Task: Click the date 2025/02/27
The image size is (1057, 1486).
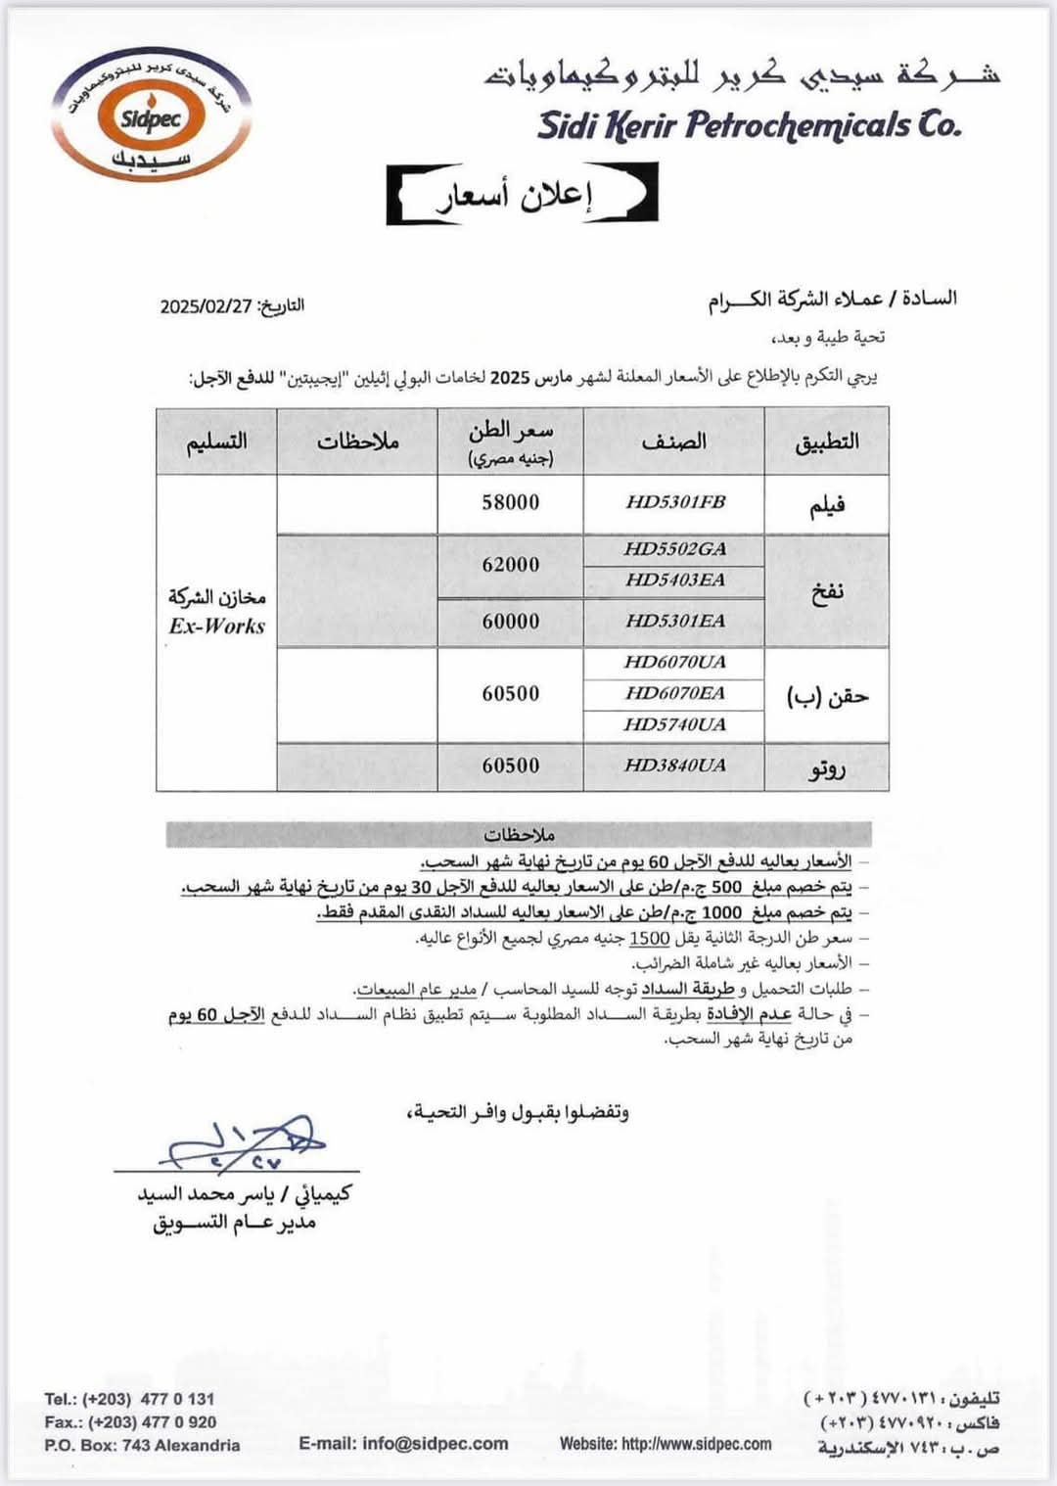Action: pyautogui.click(x=207, y=306)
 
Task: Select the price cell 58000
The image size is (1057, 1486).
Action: pyautogui.click(x=510, y=502)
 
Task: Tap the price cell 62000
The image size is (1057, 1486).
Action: pyautogui.click(x=510, y=565)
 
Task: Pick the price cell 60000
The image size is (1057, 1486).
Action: pyautogui.click(x=510, y=622)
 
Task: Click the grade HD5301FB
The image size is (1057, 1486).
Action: pyautogui.click(x=675, y=502)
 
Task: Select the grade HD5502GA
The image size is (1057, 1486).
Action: pyautogui.click(x=675, y=549)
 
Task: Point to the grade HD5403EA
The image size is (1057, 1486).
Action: pyautogui.click(x=675, y=580)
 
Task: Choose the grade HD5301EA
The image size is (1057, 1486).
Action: pyautogui.click(x=675, y=622)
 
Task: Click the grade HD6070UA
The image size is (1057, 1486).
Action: pyautogui.click(x=675, y=663)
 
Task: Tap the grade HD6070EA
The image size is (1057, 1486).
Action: pyautogui.click(x=675, y=694)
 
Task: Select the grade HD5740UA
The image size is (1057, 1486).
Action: pyautogui.click(x=675, y=725)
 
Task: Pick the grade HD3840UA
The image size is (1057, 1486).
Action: pyautogui.click(x=675, y=766)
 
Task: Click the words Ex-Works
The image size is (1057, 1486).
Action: pyautogui.click(x=216, y=627)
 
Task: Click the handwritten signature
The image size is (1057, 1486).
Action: pyautogui.click(x=245, y=1143)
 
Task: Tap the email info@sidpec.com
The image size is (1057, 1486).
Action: pyautogui.click(x=403, y=1444)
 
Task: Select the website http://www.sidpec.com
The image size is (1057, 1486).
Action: pyautogui.click(x=666, y=1444)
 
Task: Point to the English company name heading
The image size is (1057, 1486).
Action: pyautogui.click(x=749, y=125)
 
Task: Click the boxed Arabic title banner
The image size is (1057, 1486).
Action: pyautogui.click(x=522, y=194)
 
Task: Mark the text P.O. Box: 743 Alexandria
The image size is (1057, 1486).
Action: pyautogui.click(x=142, y=1446)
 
